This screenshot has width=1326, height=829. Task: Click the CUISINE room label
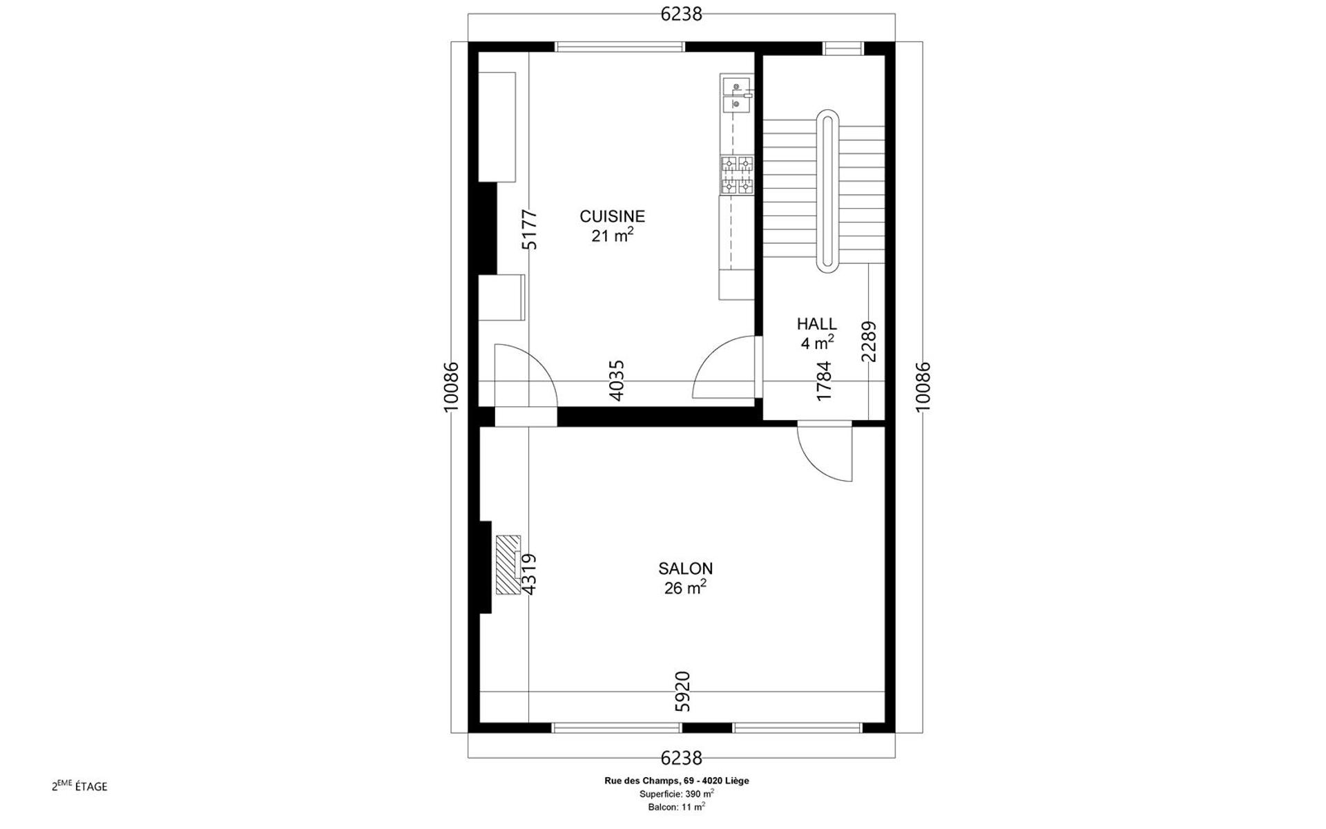(612, 216)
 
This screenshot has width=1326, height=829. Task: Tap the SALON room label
(685, 569)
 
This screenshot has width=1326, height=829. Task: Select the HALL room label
(817, 324)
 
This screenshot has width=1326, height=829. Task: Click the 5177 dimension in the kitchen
(529, 229)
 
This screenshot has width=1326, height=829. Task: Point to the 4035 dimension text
(617, 380)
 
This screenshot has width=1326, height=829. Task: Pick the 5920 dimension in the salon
(682, 691)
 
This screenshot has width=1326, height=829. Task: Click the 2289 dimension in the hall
(869, 341)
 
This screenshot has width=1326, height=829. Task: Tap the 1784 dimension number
(824, 381)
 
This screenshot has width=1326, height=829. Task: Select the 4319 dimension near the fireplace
(529, 574)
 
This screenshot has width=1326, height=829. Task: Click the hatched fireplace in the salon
(508, 564)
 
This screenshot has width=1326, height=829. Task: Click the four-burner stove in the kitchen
(737, 175)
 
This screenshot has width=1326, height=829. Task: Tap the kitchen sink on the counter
(736, 95)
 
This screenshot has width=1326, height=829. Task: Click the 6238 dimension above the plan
(681, 14)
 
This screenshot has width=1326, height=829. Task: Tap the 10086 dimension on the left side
(450, 387)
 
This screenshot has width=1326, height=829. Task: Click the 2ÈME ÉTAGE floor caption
(79, 785)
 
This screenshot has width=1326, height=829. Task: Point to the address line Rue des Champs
(676, 781)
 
